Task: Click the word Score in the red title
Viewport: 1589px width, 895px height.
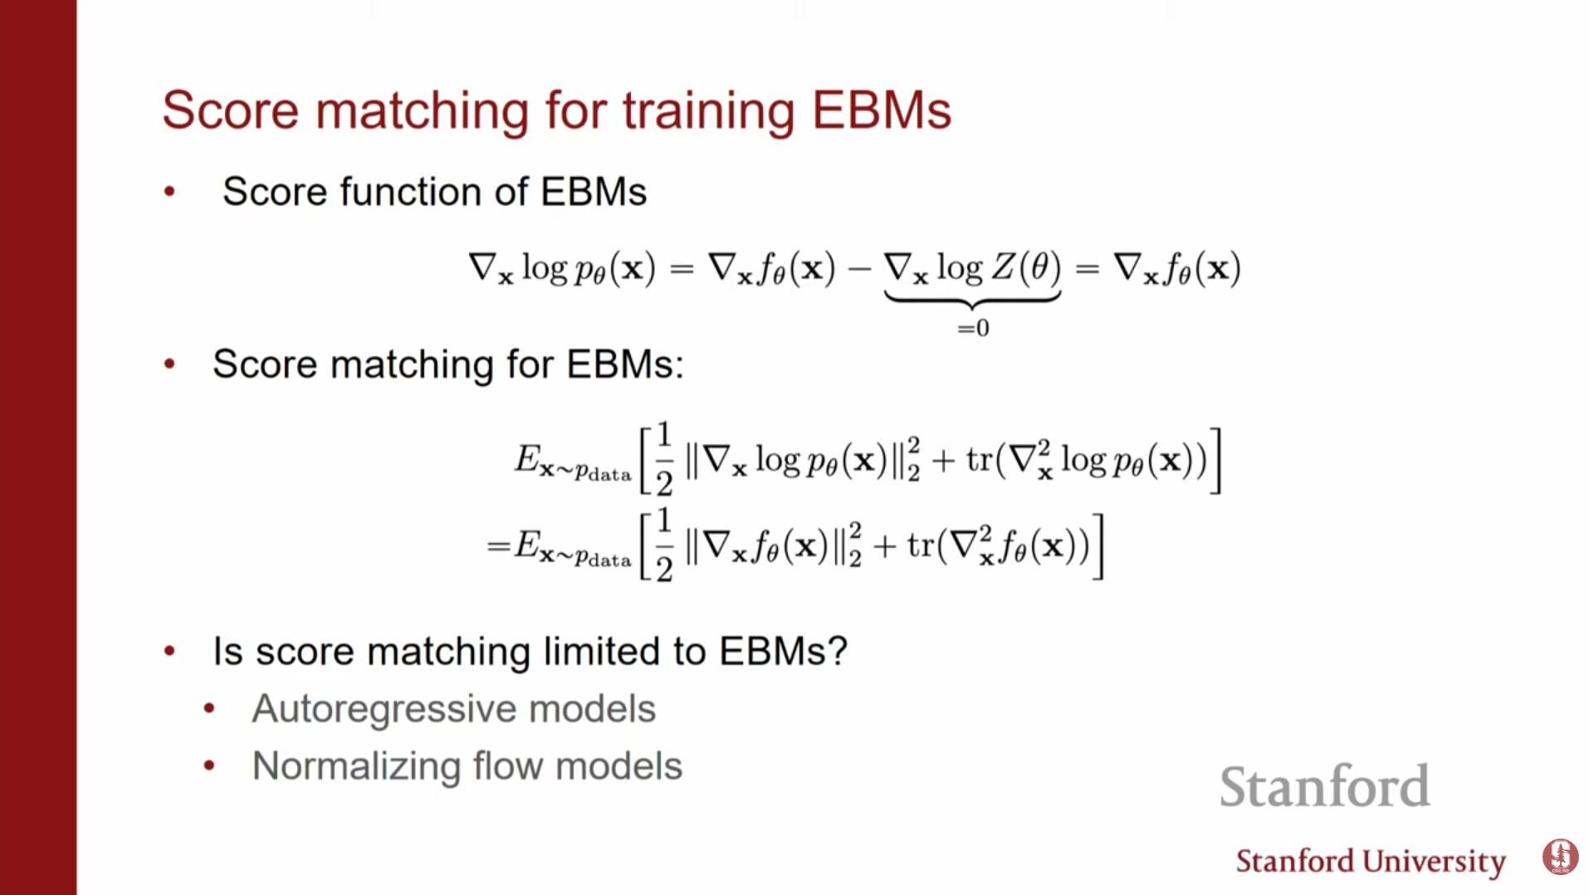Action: pyautogui.click(x=230, y=110)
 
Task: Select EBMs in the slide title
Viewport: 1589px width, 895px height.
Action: pyautogui.click(x=882, y=110)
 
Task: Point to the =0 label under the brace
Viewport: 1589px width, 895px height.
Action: pyautogui.click(x=973, y=328)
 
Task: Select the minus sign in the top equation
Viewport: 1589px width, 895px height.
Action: pyautogui.click(x=859, y=269)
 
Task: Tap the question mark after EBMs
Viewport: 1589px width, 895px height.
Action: pyautogui.click(x=838, y=650)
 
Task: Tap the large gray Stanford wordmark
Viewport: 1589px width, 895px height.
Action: pyautogui.click(x=1325, y=786)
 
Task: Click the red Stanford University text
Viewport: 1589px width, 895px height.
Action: pyautogui.click(x=1371, y=862)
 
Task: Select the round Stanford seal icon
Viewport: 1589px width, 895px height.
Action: pyautogui.click(x=1560, y=857)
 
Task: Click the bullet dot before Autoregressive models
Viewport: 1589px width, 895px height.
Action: pyautogui.click(x=209, y=708)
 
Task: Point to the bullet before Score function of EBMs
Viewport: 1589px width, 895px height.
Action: pyautogui.click(x=170, y=192)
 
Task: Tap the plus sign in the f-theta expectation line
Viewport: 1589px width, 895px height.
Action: pyautogui.click(x=885, y=547)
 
